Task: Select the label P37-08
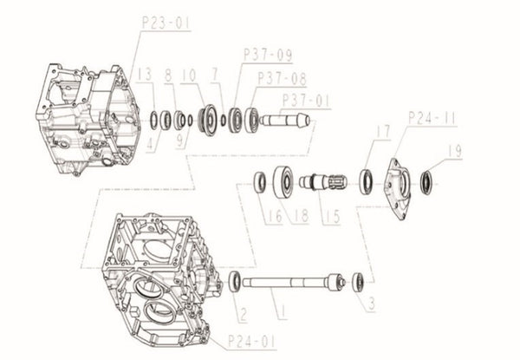[x=281, y=76]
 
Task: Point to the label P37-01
[x=307, y=100]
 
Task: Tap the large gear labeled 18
[x=282, y=182]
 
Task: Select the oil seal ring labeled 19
[x=426, y=183]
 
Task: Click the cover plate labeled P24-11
[x=400, y=183]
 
